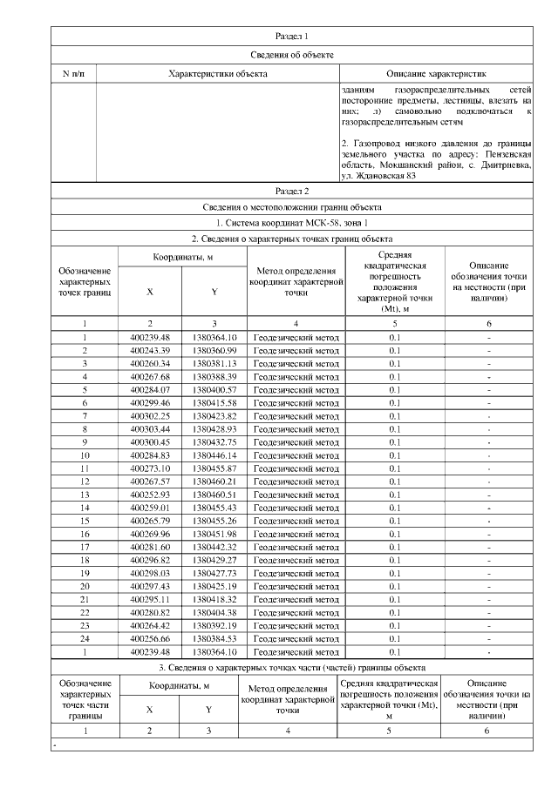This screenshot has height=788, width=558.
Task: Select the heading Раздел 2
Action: (291, 190)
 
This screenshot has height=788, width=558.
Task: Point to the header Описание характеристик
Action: (434, 74)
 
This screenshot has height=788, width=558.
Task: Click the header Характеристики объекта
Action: (217, 74)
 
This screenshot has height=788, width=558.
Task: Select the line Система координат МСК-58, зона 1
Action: (291, 222)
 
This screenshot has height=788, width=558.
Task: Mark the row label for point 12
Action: (85, 482)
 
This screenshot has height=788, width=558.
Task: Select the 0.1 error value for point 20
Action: (395, 587)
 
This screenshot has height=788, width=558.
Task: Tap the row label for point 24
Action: (85, 639)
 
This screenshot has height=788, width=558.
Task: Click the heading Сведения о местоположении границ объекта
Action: (291, 206)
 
